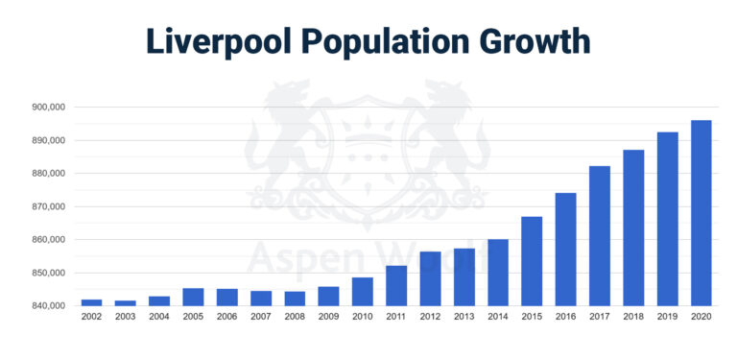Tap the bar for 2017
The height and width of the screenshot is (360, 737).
pos(599,236)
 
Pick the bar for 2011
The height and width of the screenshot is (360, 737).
pos(396,285)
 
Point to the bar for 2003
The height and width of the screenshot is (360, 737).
pos(125,302)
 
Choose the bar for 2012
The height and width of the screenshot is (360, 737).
pos(430,278)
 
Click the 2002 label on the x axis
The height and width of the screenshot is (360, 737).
pos(91,317)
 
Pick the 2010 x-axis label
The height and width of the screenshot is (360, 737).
pos(363,317)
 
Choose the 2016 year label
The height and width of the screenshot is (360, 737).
pos(565,317)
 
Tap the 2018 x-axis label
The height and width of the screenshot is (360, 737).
pos(632,317)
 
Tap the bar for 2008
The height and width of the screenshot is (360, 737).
pos(295,299)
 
